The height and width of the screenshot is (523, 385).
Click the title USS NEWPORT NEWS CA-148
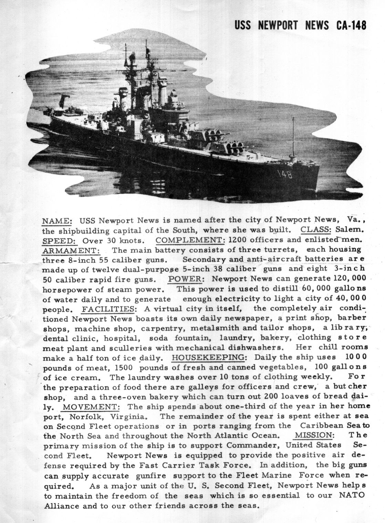[300, 25]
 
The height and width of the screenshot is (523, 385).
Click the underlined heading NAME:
[57, 220]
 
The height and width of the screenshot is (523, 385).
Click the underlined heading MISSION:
[314, 435]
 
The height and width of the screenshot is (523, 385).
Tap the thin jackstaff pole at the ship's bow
[292, 136]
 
